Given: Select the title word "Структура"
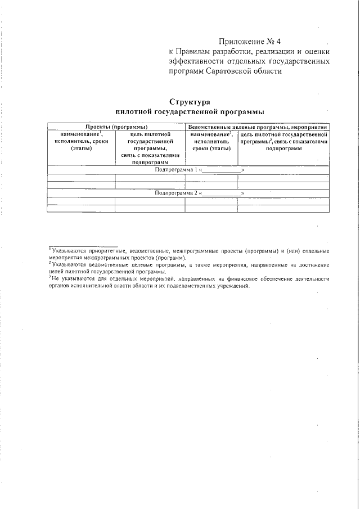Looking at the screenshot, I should click(x=189, y=102).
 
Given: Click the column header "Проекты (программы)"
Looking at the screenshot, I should click(x=116, y=128).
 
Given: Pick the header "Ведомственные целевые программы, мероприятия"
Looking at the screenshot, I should click(x=258, y=128).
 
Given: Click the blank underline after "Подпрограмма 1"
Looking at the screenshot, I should click(x=221, y=170).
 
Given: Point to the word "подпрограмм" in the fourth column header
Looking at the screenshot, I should click(x=283, y=148).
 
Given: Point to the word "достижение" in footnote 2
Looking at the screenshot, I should click(x=313, y=264).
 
